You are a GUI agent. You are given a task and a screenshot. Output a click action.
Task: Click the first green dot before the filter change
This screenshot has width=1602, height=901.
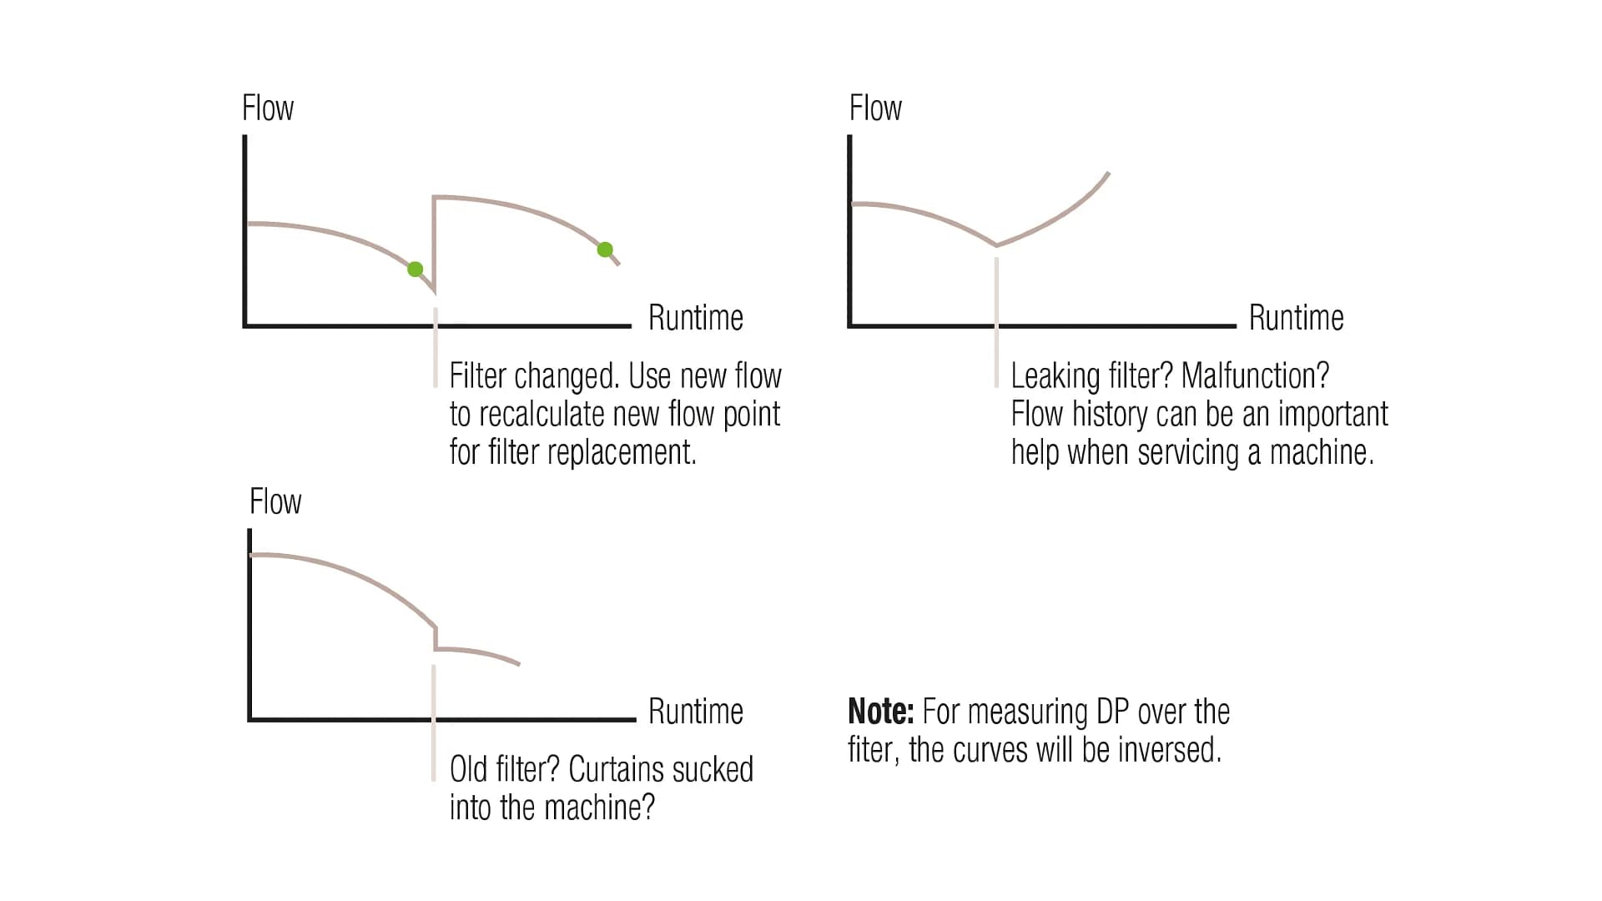[415, 269]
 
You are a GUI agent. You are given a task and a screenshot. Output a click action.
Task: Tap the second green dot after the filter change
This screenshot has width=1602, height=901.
[605, 249]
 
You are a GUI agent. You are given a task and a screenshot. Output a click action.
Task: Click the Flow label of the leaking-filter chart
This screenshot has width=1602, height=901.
[875, 108]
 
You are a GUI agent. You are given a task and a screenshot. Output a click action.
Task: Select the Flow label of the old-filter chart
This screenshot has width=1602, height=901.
[275, 502]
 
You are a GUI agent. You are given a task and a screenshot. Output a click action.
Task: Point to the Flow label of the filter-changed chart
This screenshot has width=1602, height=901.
[268, 108]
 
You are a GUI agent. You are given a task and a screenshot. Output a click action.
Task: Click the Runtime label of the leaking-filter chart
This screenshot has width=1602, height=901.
[1296, 318]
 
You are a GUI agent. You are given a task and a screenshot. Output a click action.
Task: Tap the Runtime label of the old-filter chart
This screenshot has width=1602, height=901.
[695, 712]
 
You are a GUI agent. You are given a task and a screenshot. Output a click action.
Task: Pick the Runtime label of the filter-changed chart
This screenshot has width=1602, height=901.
[695, 318]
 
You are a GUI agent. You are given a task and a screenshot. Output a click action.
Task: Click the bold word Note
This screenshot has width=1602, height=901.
[880, 712]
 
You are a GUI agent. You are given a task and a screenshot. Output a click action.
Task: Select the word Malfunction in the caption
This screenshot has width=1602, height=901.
[1255, 376]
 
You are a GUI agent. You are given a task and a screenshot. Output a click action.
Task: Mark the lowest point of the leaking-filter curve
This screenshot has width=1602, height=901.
[996, 245]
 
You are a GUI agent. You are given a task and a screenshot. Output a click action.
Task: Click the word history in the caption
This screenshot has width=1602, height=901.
[1110, 415]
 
